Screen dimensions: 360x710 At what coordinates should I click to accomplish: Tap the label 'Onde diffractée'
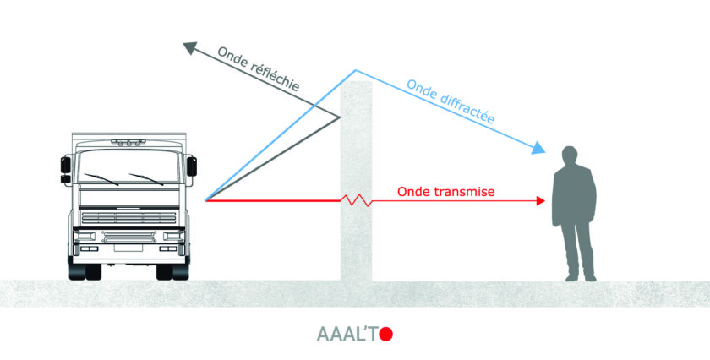tap(451, 102)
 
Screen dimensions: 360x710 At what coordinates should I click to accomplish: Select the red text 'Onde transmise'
tap(445, 192)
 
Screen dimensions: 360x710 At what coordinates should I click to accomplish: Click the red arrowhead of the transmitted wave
tap(540, 200)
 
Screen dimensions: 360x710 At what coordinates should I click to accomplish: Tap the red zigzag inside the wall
tap(356, 200)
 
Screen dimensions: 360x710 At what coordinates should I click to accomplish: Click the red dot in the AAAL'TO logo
tap(386, 334)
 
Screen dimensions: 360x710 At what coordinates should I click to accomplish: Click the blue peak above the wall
tap(355, 70)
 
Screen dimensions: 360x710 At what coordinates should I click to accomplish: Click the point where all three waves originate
tap(205, 200)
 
